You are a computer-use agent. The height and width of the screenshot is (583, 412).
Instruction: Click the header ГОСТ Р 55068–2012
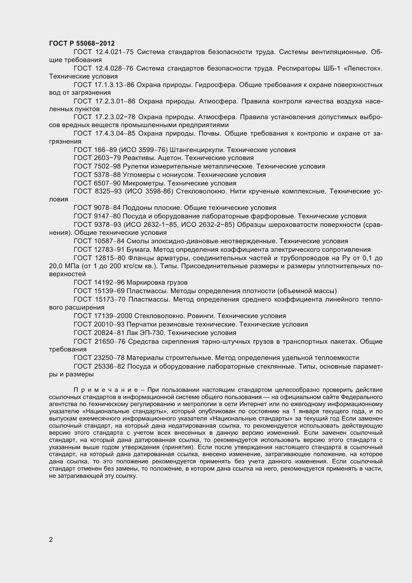pos(82,43)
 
